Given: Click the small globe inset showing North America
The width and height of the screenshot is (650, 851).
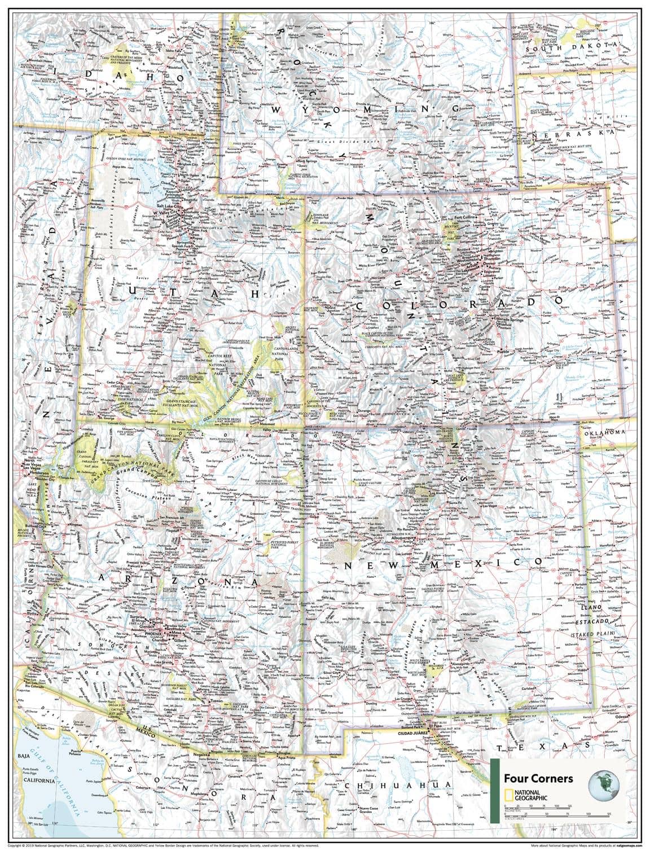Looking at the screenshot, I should coord(601,785).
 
